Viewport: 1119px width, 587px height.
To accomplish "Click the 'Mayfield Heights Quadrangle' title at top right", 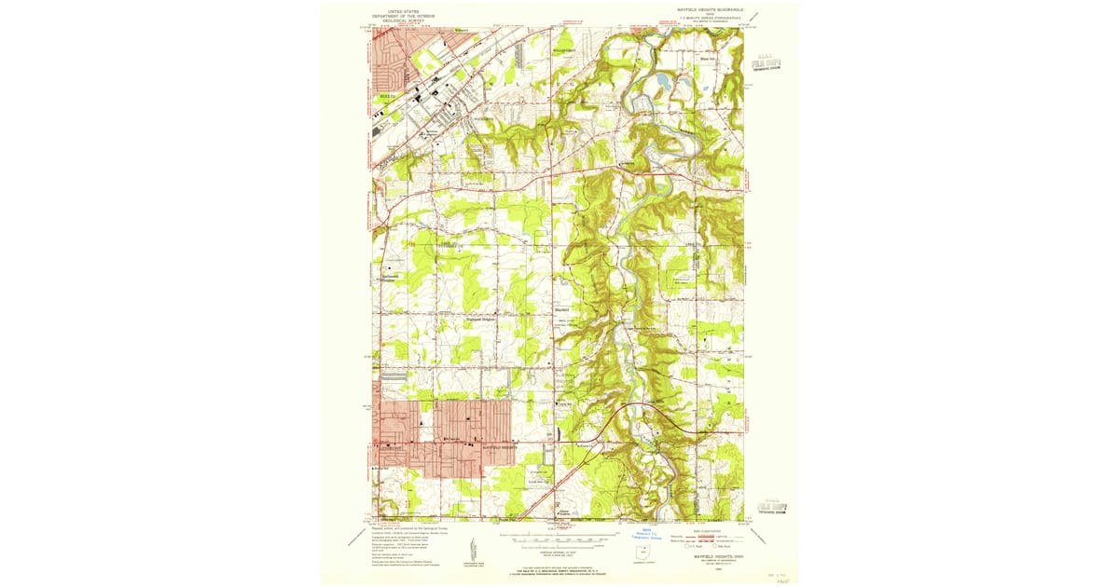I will (x=703, y=9).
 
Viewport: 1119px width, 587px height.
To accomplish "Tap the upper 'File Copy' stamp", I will (x=766, y=64).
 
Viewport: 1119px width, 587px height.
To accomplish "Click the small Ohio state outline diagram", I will (x=639, y=554).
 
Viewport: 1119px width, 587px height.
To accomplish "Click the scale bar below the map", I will (x=559, y=539).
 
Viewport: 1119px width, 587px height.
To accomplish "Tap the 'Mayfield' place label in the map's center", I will (x=563, y=310).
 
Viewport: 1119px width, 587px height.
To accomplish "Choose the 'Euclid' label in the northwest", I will (x=386, y=95).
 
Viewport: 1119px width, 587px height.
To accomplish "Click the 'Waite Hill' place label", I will (x=708, y=60).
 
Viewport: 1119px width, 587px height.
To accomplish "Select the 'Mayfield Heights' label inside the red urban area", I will (x=500, y=447).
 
